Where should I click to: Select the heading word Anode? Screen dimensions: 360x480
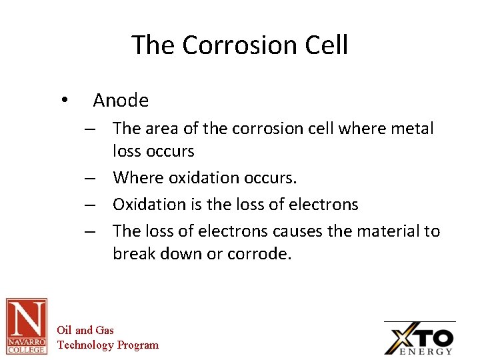(x=121, y=101)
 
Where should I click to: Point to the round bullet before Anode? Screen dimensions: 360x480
(x=63, y=100)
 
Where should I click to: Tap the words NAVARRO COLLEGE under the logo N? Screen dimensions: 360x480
(x=27, y=345)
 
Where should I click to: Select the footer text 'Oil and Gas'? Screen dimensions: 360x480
(x=85, y=330)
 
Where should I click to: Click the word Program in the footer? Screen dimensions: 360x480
(x=138, y=345)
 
